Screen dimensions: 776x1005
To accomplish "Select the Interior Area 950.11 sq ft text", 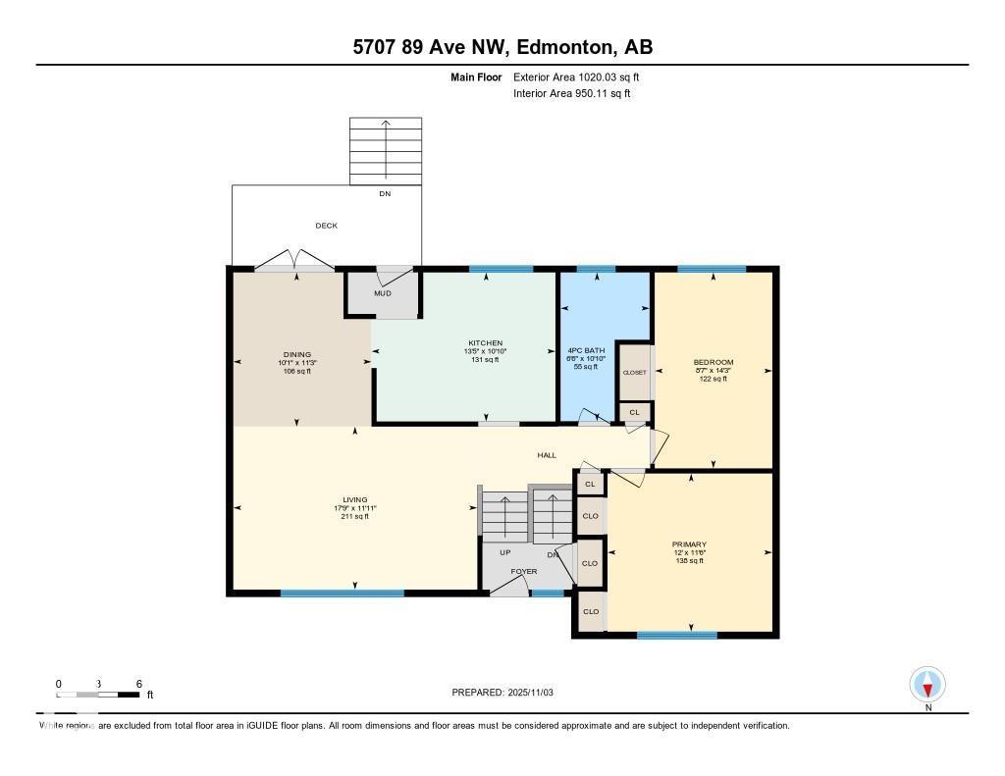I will pyautogui.click(x=572, y=94).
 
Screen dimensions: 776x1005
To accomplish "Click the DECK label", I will pyautogui.click(x=326, y=226).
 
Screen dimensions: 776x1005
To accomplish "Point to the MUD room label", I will pyautogui.click(x=382, y=292).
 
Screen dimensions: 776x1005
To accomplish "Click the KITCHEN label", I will pyautogui.click(x=485, y=342).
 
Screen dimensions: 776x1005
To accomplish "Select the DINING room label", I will pyautogui.click(x=296, y=354).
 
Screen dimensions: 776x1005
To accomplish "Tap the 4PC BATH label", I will pyautogui.click(x=586, y=350).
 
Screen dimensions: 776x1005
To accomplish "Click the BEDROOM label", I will pyautogui.click(x=713, y=362).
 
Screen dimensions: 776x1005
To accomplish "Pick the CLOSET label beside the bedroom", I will pyautogui.click(x=634, y=373).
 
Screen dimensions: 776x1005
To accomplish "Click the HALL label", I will pyautogui.click(x=547, y=455).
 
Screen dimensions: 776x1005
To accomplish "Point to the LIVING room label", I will pyautogui.click(x=354, y=499).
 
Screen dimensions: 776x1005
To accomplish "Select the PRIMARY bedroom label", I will pyautogui.click(x=689, y=544).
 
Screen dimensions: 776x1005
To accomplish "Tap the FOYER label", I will pyautogui.click(x=523, y=571).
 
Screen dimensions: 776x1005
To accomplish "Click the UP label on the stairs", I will pyautogui.click(x=505, y=552).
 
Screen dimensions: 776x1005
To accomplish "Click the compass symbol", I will pyautogui.click(x=927, y=684).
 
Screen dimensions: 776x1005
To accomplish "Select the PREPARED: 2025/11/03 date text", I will pyautogui.click(x=502, y=692).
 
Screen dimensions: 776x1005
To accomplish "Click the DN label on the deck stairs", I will pyautogui.click(x=385, y=194).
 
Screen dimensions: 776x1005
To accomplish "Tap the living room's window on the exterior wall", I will pyautogui.click(x=342, y=593).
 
